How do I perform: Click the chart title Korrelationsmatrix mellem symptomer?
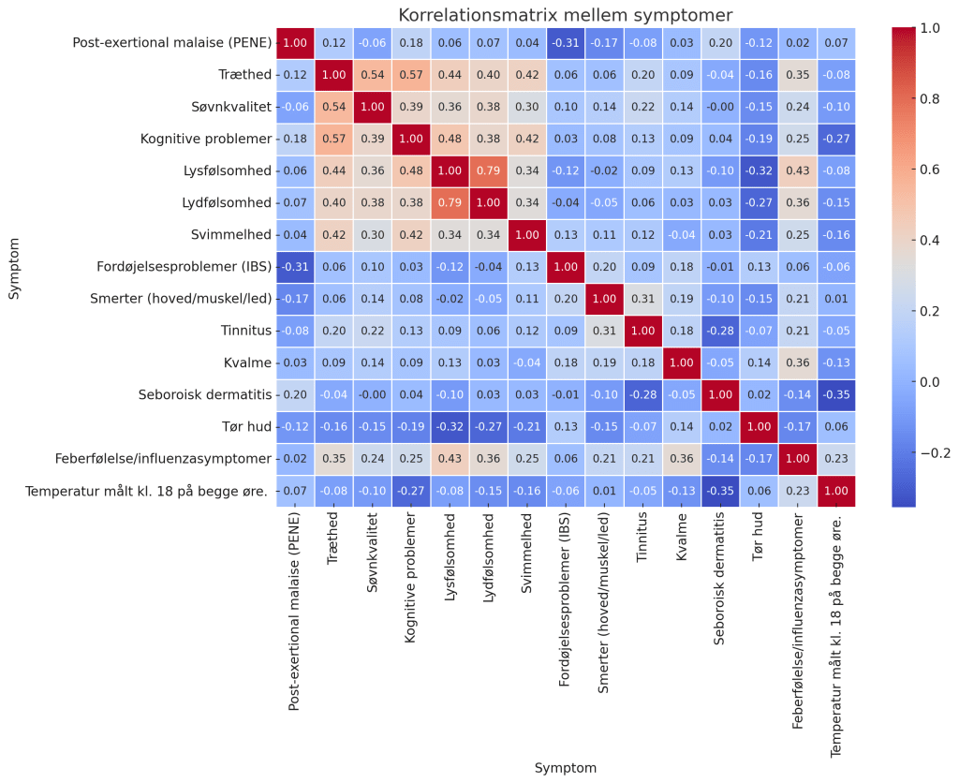click(x=565, y=15)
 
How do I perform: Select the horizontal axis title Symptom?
click(x=565, y=768)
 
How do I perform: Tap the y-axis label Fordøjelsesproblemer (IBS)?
click(x=174, y=266)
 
